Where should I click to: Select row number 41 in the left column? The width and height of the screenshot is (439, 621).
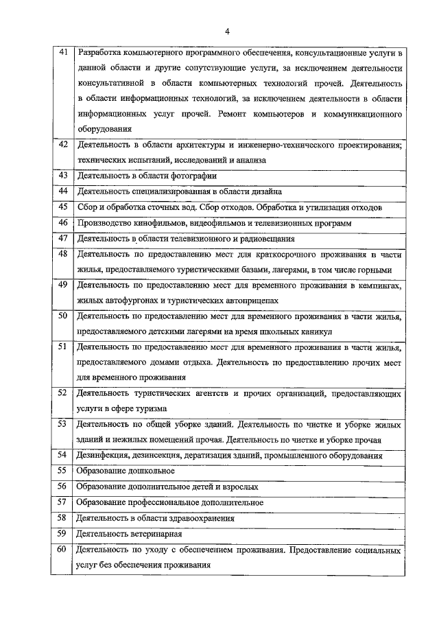point(62,53)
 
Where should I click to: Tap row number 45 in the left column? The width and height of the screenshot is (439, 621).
point(62,207)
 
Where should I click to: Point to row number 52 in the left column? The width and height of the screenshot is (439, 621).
point(62,393)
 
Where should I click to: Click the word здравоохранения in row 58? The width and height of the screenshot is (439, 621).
point(200,518)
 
